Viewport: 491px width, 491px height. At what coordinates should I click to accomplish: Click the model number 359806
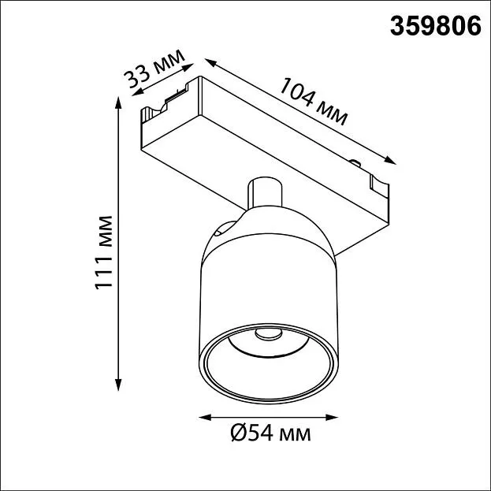[435, 26]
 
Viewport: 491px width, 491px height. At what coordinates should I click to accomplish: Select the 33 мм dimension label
[154, 69]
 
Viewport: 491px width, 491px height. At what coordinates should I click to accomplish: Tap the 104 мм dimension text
[314, 102]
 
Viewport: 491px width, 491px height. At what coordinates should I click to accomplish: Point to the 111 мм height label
[104, 253]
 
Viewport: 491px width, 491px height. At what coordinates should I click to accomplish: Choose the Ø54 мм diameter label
[271, 433]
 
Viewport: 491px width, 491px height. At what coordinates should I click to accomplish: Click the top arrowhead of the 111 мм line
[118, 102]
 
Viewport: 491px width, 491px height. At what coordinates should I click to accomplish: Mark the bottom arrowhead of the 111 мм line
[118, 385]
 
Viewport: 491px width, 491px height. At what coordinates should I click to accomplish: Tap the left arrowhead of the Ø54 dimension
[205, 417]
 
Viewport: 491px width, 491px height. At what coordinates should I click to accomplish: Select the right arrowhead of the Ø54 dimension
[332, 417]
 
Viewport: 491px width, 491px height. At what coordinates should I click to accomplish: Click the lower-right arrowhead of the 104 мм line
[390, 160]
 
